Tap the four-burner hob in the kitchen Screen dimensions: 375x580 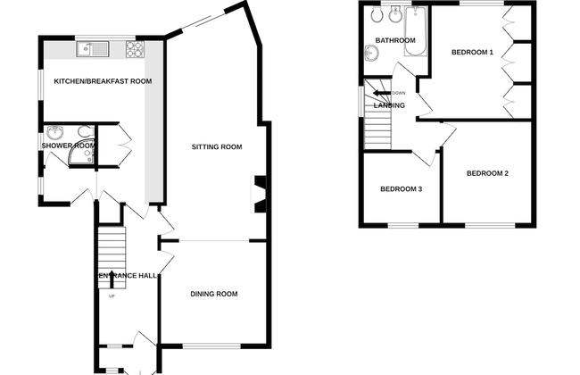click(x=137, y=49)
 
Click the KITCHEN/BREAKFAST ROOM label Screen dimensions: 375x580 click(x=103, y=81)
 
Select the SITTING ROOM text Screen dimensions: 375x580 click(x=217, y=146)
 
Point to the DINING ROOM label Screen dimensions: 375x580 click(x=214, y=294)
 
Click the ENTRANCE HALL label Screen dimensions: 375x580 click(x=128, y=276)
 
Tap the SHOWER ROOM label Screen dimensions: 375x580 click(x=68, y=146)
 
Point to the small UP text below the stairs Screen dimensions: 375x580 click(x=112, y=296)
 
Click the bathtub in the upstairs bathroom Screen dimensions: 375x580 click(x=417, y=33)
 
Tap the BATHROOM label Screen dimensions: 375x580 click(x=394, y=41)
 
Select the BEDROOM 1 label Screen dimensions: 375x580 click(x=472, y=53)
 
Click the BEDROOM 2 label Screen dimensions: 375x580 click(x=487, y=173)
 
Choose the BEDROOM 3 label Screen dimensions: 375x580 click(x=401, y=189)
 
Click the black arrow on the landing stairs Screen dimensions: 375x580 click(x=382, y=93)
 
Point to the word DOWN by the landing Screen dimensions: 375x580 click(x=399, y=93)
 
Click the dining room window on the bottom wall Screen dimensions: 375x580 click(x=212, y=346)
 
